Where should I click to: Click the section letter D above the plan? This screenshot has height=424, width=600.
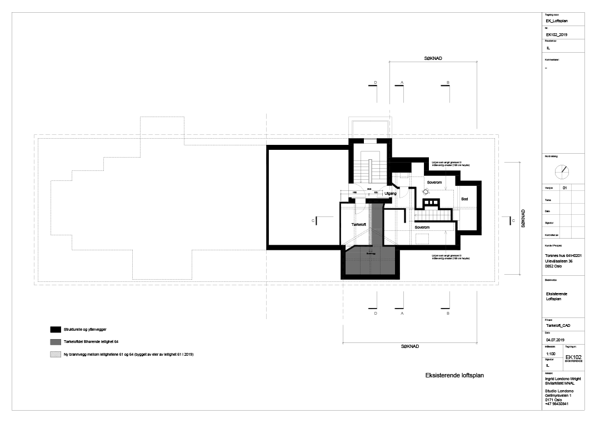coord(376,82)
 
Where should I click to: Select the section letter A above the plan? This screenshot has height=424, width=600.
coord(402,82)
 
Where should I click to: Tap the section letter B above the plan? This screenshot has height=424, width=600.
coord(448,82)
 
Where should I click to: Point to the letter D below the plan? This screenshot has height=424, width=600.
coord(376,314)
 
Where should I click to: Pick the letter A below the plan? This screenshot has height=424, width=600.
coord(402,314)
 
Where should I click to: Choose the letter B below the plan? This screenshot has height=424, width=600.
coord(448,314)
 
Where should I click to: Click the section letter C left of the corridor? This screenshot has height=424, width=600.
coord(313,221)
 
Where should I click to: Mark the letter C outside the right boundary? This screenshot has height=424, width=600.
coord(513,221)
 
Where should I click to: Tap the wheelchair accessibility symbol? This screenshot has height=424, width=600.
coord(426,192)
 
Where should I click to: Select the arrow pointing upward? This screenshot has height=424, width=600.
coord(446,241)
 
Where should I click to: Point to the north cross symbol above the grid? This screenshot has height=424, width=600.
coord(563,172)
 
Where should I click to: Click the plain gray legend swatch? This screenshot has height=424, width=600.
coord(56,342)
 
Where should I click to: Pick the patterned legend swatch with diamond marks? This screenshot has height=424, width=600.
coord(56,354)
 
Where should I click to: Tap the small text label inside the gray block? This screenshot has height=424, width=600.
coord(371,254)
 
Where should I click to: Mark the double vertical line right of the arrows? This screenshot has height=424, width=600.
coord(458,198)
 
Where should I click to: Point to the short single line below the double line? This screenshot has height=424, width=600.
coord(459,225)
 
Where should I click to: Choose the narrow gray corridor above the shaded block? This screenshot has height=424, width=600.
coord(376,224)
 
